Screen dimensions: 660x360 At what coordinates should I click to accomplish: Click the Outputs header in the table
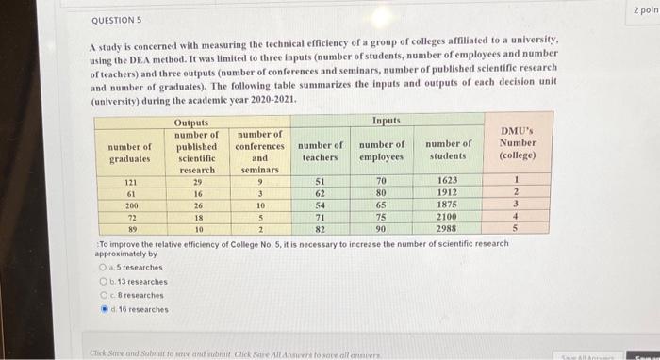pyautogui.click(x=191, y=123)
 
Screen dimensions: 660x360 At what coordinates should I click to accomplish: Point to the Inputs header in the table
pyautogui.click(x=386, y=121)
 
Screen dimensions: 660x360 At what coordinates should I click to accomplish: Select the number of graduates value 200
pyautogui.click(x=131, y=205)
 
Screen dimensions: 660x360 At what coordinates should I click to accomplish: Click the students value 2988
pyautogui.click(x=448, y=229)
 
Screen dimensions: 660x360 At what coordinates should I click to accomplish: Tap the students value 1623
pyautogui.click(x=448, y=180)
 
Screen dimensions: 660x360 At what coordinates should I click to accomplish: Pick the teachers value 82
pyautogui.click(x=320, y=229)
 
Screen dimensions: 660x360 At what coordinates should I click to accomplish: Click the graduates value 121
pyautogui.click(x=131, y=180)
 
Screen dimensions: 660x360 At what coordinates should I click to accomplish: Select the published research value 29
pyautogui.click(x=196, y=180)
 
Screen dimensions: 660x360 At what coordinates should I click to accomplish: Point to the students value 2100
pyautogui.click(x=448, y=217)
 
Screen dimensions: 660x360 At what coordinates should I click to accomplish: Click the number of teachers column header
pyautogui.click(x=320, y=150)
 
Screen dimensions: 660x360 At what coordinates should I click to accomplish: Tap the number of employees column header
pyautogui.click(x=381, y=150)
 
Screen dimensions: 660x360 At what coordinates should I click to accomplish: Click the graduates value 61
pyautogui.click(x=131, y=192)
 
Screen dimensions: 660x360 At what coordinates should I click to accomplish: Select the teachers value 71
pyautogui.click(x=320, y=217)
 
